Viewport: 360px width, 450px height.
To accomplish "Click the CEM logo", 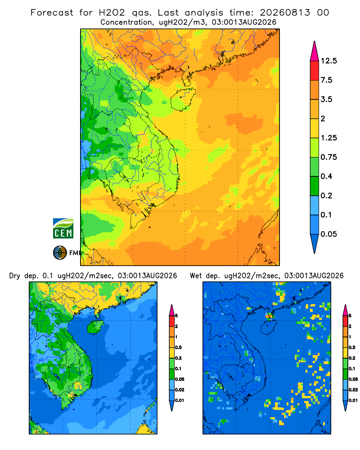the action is (x=63, y=228).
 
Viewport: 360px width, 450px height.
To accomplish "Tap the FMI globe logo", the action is (x=60, y=253).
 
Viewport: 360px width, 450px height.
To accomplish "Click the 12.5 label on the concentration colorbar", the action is (x=329, y=61).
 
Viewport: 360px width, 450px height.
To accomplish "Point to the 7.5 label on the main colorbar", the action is (x=327, y=80).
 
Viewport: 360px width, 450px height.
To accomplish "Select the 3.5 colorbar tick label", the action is (x=327, y=99).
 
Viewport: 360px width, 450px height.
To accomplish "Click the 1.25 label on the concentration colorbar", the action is (x=329, y=138).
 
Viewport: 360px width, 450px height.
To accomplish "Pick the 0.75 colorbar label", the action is (x=329, y=157).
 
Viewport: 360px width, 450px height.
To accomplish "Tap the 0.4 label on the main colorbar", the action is (x=327, y=176).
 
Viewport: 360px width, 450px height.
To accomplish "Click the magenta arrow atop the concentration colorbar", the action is (x=315, y=51).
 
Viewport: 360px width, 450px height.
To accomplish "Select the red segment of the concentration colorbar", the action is (x=315, y=71).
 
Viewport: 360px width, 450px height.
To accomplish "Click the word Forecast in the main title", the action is (x=52, y=13).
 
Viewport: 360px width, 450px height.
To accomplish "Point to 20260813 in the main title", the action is (x=285, y=13).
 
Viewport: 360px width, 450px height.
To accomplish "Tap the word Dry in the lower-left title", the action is (x=15, y=276).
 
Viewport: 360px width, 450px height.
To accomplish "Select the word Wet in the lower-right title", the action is (x=196, y=276).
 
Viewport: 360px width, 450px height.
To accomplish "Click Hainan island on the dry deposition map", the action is (x=95, y=327).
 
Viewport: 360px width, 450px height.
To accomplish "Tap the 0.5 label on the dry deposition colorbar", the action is (x=179, y=347).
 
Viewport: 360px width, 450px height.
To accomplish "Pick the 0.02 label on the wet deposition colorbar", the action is (x=353, y=390).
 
